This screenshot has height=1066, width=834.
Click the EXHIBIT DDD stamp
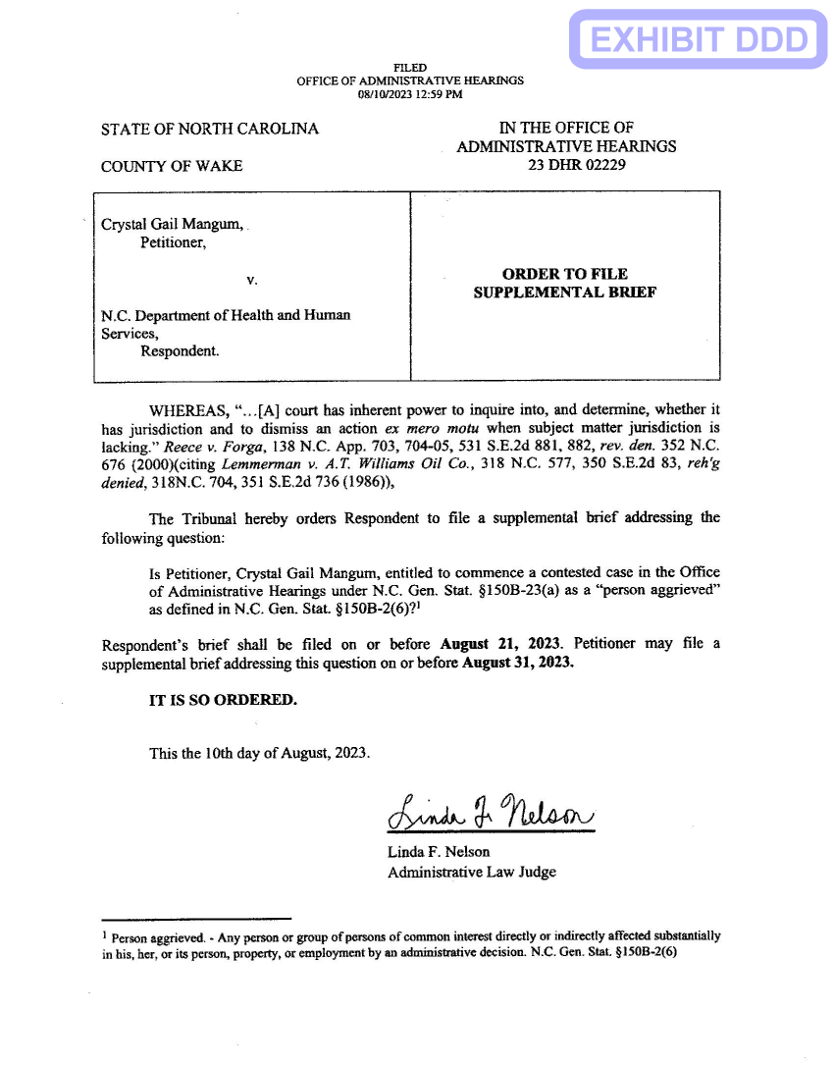tap(700, 39)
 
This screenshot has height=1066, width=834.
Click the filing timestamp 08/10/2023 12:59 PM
tap(410, 94)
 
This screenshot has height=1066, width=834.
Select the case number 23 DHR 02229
tap(576, 165)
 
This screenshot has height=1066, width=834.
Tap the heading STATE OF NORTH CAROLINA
tap(210, 129)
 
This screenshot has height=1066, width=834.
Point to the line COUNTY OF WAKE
tap(172, 166)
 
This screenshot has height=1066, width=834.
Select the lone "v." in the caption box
tap(252, 280)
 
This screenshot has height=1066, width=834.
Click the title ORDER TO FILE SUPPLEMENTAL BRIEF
tap(564, 283)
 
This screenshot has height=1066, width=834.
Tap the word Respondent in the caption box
tap(180, 350)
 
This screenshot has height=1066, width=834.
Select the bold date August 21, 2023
tap(501, 644)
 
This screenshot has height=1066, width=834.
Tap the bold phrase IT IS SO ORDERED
tap(222, 700)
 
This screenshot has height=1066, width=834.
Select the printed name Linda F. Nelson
tap(438, 851)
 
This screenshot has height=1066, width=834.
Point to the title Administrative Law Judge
tap(471, 871)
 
